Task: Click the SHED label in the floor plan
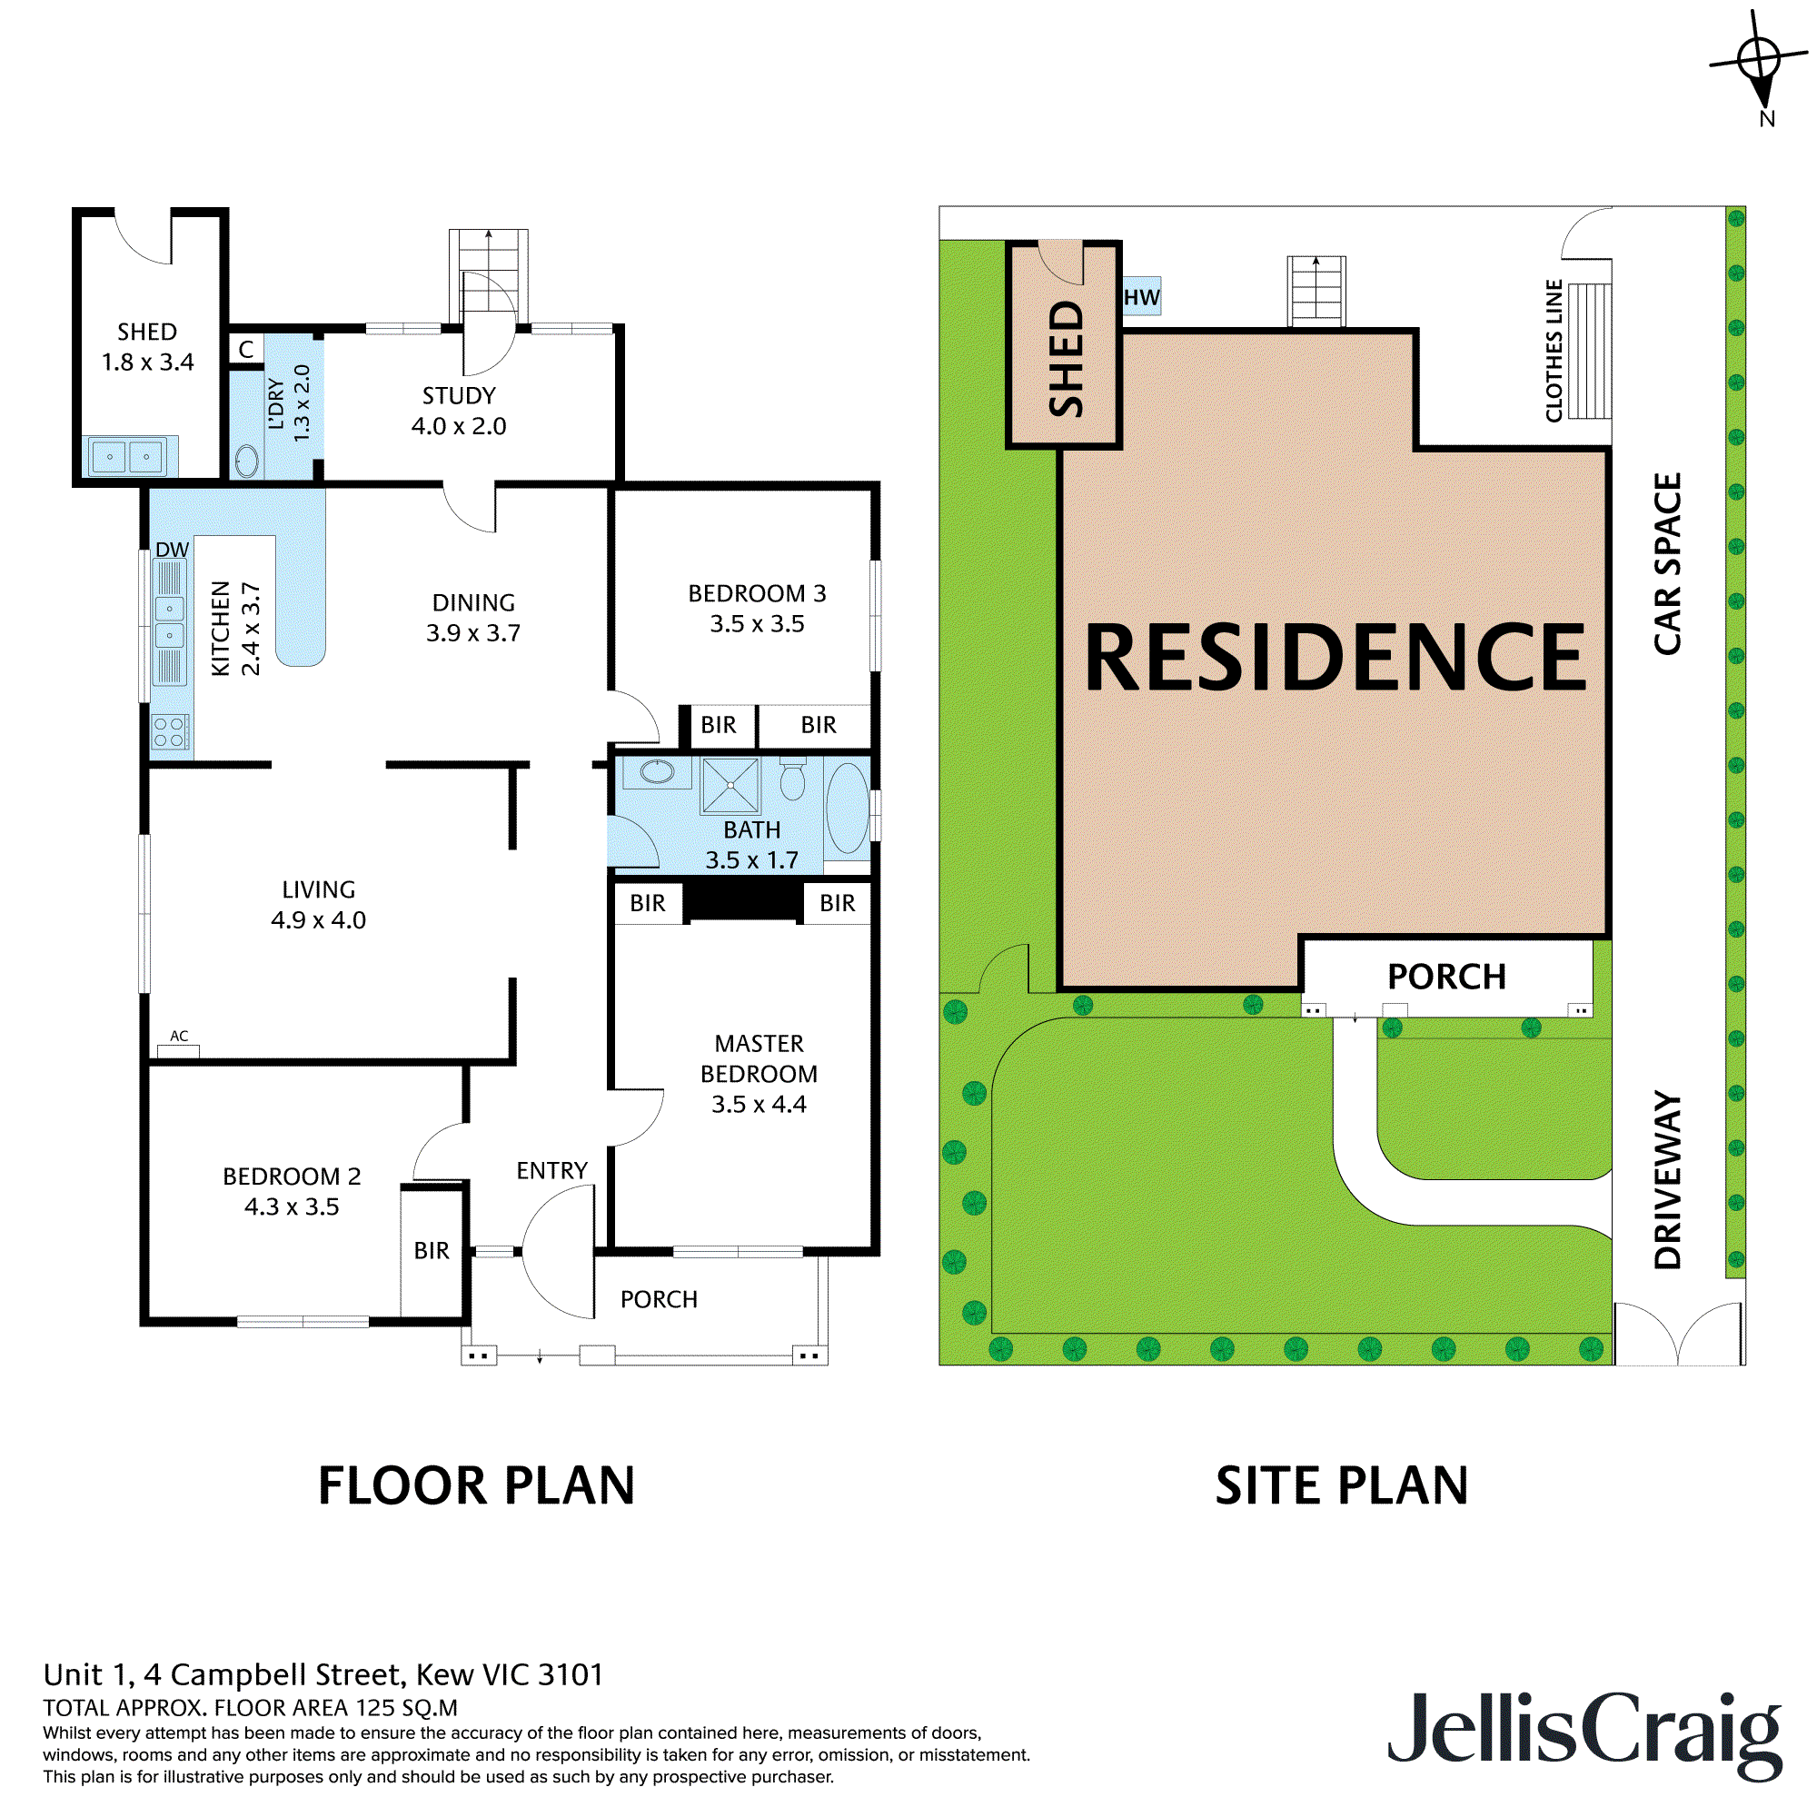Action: pos(146,332)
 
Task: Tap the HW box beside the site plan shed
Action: pos(1142,297)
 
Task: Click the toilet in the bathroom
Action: pos(793,779)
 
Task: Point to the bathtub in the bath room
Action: pos(848,809)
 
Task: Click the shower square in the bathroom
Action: pos(730,785)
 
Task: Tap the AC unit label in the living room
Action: pos(179,1037)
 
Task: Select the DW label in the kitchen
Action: pos(172,550)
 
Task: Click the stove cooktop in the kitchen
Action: pos(170,731)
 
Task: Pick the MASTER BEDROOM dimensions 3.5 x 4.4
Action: pos(758,1104)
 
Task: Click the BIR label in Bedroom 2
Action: pos(432,1250)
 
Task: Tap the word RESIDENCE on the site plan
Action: pos(1335,659)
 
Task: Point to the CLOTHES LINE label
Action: pos(1554,351)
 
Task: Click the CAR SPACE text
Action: pos(1667,563)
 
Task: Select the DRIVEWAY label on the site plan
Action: pos(1667,1179)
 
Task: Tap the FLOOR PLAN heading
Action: pos(476,1486)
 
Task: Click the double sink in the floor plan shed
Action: pos(128,457)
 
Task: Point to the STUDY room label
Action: pos(459,396)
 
